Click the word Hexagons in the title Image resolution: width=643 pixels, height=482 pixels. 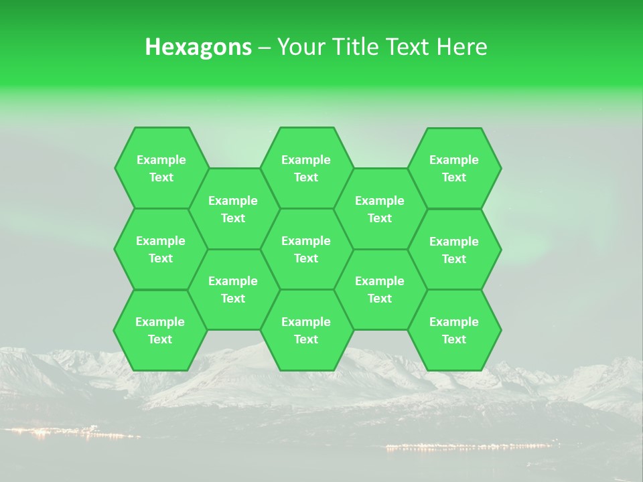click(198, 47)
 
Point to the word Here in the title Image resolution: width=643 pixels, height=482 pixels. click(461, 47)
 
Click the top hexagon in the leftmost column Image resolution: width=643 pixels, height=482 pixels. click(161, 168)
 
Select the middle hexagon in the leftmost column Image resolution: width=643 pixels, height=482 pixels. click(161, 249)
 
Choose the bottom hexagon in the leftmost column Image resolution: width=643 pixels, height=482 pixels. click(160, 330)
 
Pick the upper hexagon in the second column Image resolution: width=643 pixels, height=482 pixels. click(233, 209)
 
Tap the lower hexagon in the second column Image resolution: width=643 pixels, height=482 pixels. click(233, 289)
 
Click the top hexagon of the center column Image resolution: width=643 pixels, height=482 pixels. click(306, 168)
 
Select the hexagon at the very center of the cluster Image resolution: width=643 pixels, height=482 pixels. click(306, 249)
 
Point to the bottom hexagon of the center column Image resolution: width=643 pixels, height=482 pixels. click(306, 330)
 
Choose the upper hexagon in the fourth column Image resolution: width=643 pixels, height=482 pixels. click(380, 209)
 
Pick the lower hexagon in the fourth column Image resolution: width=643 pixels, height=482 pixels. click(380, 289)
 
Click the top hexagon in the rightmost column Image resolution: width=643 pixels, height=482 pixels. click(454, 168)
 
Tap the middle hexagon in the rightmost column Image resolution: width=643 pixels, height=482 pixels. click(454, 250)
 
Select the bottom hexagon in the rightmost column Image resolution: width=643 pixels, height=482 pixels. click(454, 330)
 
